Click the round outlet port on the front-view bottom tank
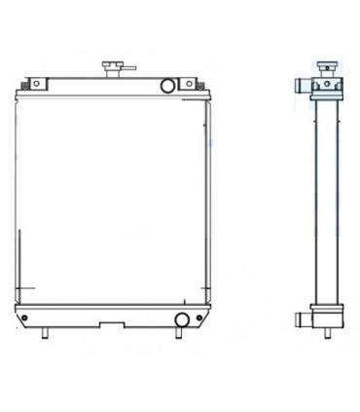[x=181, y=320]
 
